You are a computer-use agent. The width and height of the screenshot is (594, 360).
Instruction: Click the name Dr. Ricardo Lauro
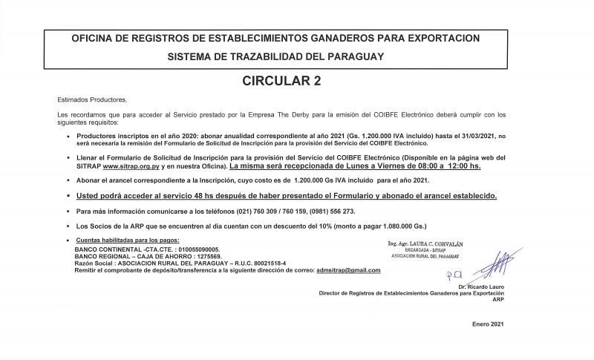[483, 287]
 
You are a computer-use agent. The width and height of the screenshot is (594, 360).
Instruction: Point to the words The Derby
[298, 114]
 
